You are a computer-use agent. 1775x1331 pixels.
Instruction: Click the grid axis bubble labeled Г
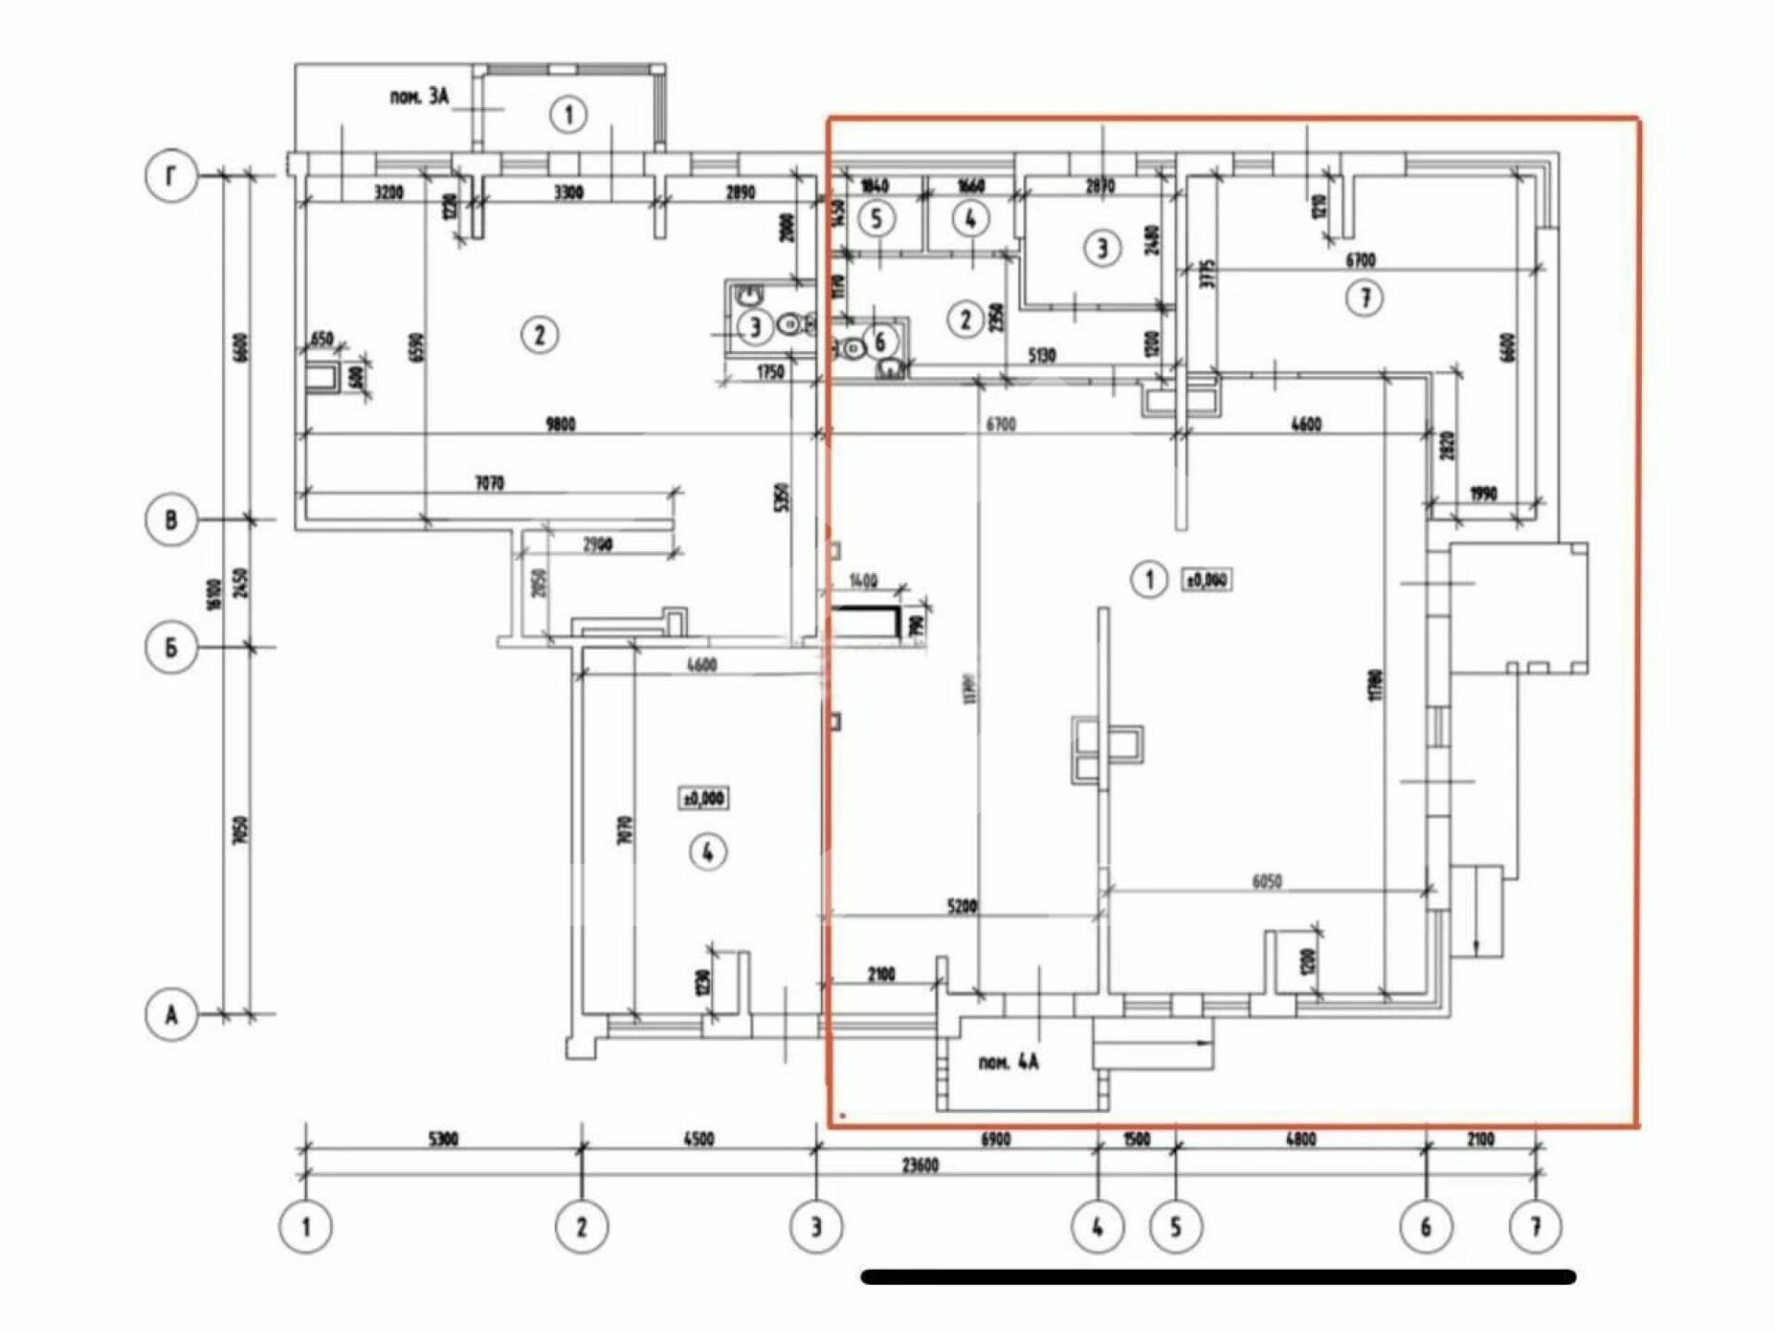pyautogui.click(x=171, y=175)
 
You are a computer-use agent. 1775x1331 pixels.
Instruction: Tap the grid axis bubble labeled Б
pyautogui.click(x=171, y=647)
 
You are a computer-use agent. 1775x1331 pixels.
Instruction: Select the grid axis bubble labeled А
pyautogui.click(x=171, y=1015)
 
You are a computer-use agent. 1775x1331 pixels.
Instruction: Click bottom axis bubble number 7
pyautogui.click(x=1536, y=1227)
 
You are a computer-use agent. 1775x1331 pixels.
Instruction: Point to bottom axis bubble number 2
pyautogui.click(x=581, y=1227)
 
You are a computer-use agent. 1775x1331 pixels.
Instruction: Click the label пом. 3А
pyautogui.click(x=419, y=96)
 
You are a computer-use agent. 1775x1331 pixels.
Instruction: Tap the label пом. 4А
pyautogui.click(x=1008, y=1062)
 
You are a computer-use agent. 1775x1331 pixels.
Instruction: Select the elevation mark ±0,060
pyautogui.click(x=1207, y=580)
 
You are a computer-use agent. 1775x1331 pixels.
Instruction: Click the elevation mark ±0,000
pyautogui.click(x=704, y=797)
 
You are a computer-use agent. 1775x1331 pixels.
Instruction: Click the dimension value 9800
pyautogui.click(x=560, y=424)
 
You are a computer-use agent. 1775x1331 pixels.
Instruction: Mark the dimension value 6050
pyautogui.click(x=1267, y=882)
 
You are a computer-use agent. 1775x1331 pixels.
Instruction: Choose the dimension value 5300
pyautogui.click(x=443, y=1139)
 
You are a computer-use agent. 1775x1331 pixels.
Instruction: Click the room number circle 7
pyautogui.click(x=1365, y=298)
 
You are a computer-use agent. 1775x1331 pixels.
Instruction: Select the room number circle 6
pyautogui.click(x=879, y=341)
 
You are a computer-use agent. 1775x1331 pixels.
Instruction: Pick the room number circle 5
pyautogui.click(x=876, y=219)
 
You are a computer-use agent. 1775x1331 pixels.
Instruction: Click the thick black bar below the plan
pyautogui.click(x=1218, y=1277)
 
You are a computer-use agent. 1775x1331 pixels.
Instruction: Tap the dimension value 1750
pyautogui.click(x=769, y=372)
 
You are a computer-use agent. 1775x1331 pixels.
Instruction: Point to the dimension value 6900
pyautogui.click(x=995, y=1139)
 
